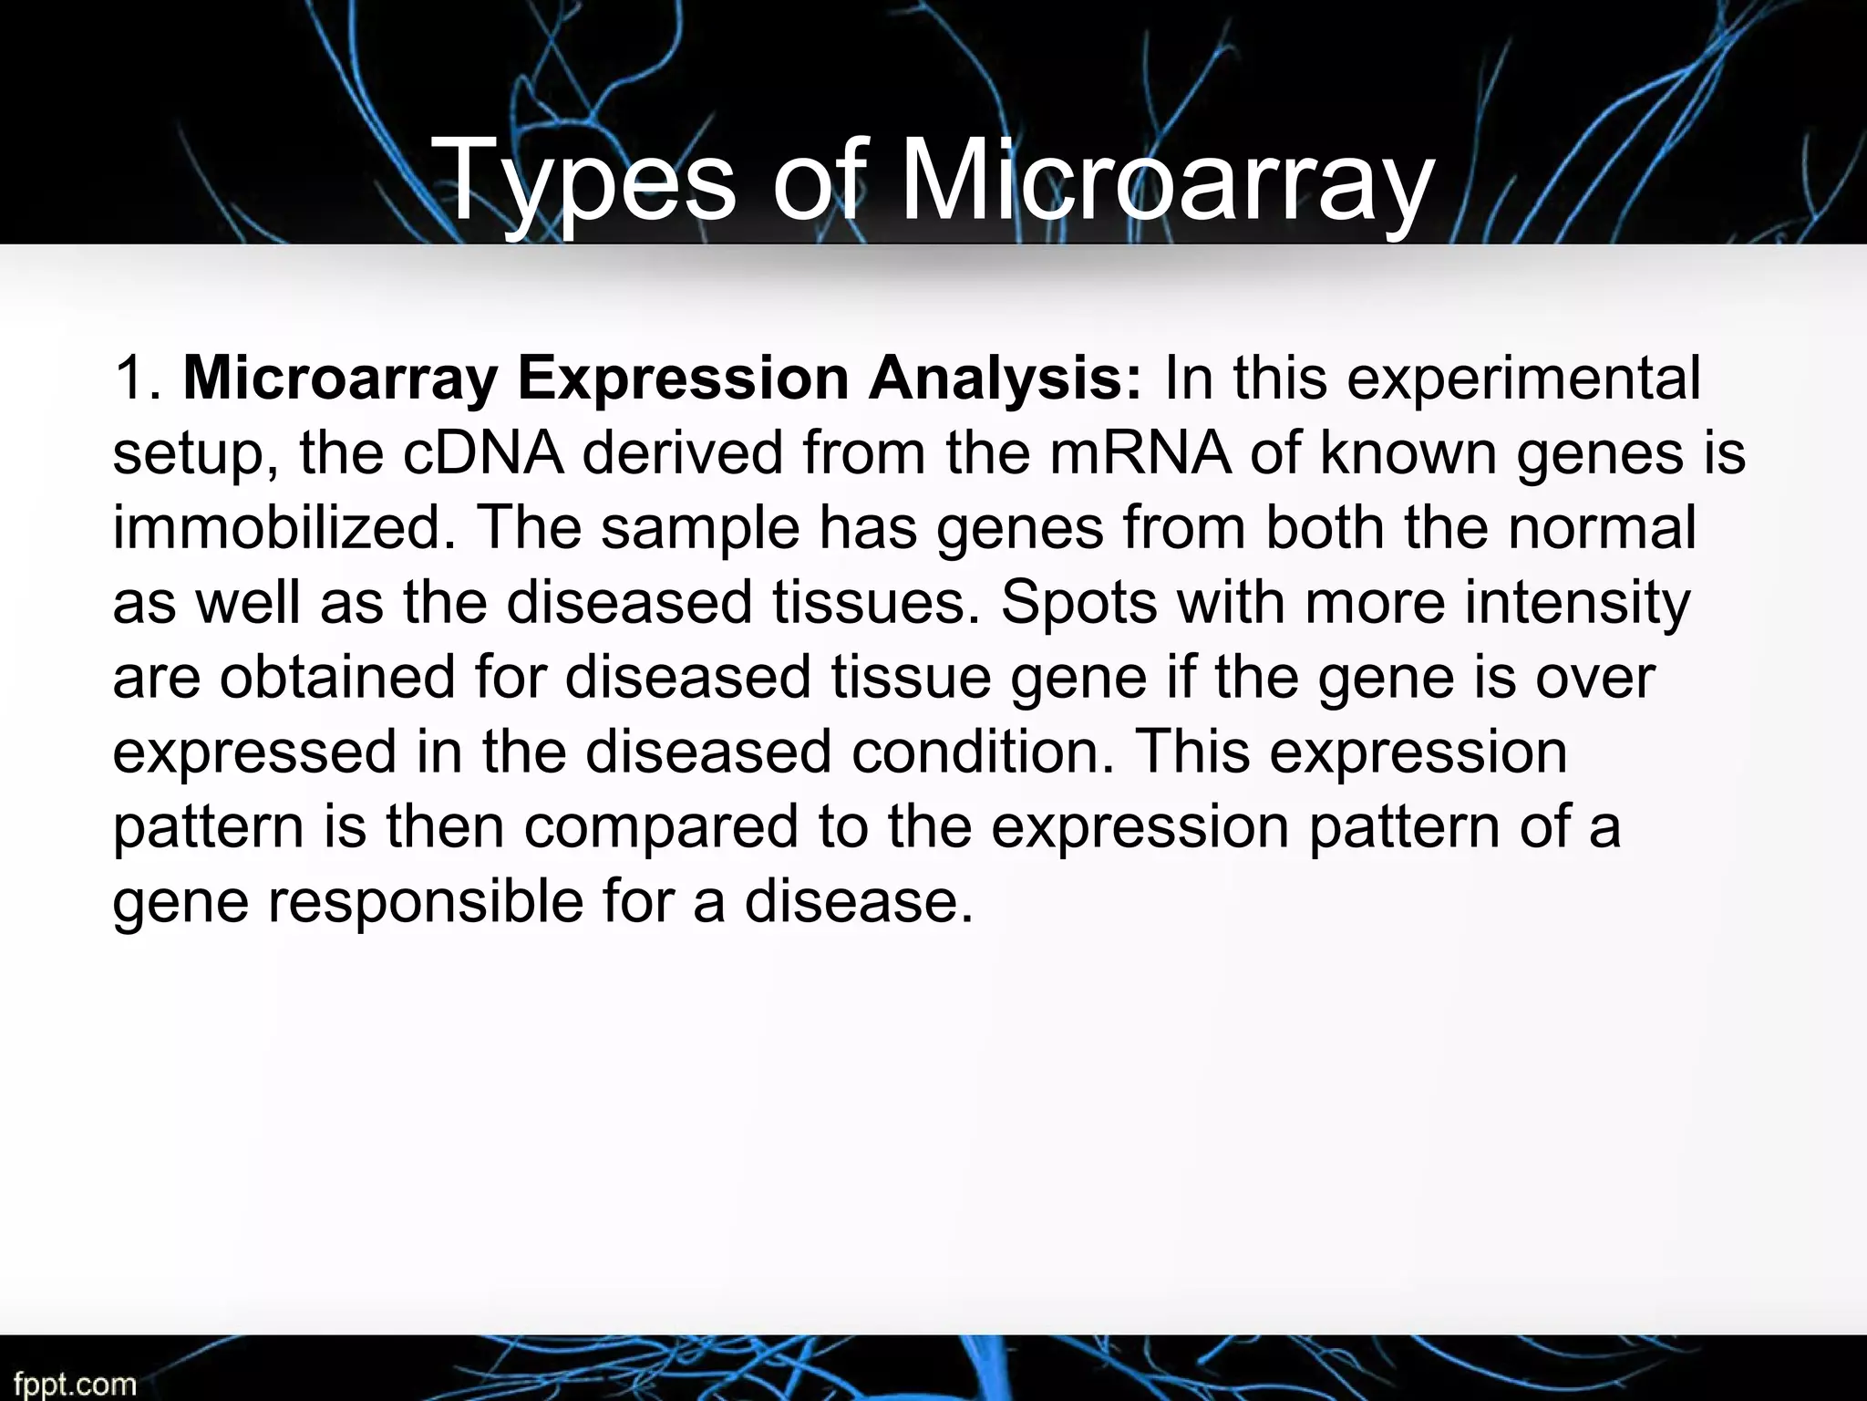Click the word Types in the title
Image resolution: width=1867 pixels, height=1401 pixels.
pyautogui.click(x=584, y=179)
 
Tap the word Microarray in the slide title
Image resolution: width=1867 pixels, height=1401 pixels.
pyautogui.click(x=1167, y=179)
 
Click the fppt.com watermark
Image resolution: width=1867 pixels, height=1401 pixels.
pyautogui.click(x=75, y=1385)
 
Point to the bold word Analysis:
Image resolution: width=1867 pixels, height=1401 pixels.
pyautogui.click(x=1003, y=378)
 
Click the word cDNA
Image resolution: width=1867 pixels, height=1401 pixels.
pyautogui.click(x=483, y=452)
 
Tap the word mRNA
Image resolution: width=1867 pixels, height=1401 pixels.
pyautogui.click(x=1140, y=452)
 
